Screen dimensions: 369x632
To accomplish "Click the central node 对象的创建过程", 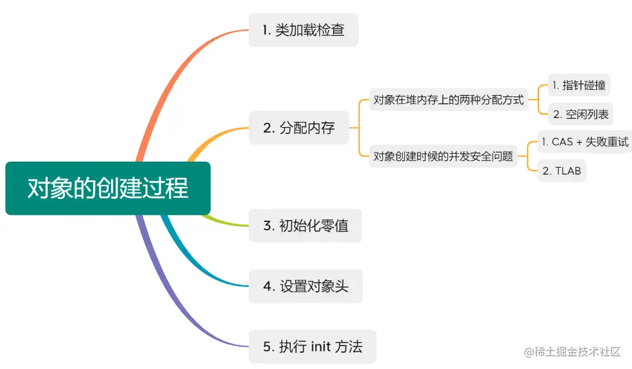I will point(108,188).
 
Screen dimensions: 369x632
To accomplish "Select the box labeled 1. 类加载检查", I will point(303,30).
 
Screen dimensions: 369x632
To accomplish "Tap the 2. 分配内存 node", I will point(299,128).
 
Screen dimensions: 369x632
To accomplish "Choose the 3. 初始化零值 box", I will point(305,225).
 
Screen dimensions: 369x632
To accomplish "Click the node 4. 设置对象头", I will point(305,286).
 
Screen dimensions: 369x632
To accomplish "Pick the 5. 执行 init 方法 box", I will point(312,347).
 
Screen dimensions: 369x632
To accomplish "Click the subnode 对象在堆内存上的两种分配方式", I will point(448,100).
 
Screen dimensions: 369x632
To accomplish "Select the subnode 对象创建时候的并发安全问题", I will point(443,157).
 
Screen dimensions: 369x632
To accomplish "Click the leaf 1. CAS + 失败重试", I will point(584,142).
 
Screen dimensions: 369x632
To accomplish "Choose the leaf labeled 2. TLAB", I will point(561,171).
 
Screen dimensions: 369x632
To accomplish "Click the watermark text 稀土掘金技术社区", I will point(576,352).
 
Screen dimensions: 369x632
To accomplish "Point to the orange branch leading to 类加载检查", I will point(181,72).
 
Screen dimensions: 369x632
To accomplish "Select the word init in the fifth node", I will point(321,347).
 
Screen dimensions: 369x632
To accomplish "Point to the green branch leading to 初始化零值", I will point(226,222).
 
